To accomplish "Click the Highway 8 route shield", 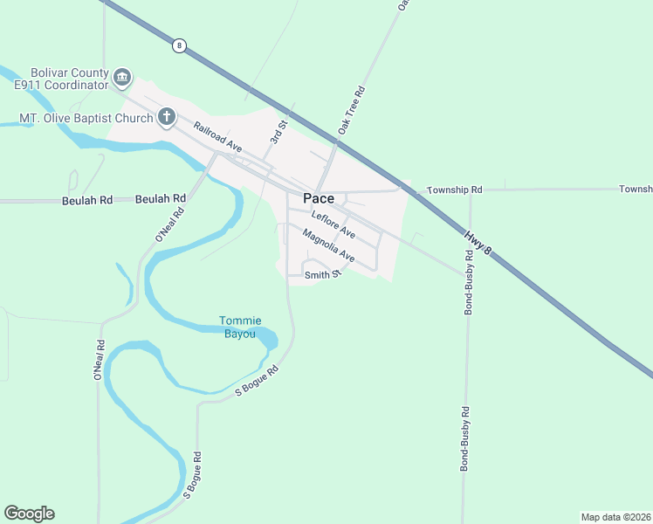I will coord(179,45).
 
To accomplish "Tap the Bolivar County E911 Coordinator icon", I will coord(122,78).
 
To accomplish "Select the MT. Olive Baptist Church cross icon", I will coord(166,117).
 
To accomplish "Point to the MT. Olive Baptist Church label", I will coord(86,118).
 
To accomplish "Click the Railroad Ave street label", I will coord(217,137).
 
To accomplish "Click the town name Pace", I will coord(318,198).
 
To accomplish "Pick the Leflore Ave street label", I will coord(333,224).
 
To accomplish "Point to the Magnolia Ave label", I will coord(328,245).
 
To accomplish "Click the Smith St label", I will coord(320,275).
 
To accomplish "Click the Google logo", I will coord(29,514).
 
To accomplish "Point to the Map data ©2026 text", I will coord(616,517).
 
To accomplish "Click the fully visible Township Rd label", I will coord(454,190).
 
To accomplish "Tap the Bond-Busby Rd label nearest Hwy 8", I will coord(469,282).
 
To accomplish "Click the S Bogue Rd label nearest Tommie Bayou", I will coord(257,383).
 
